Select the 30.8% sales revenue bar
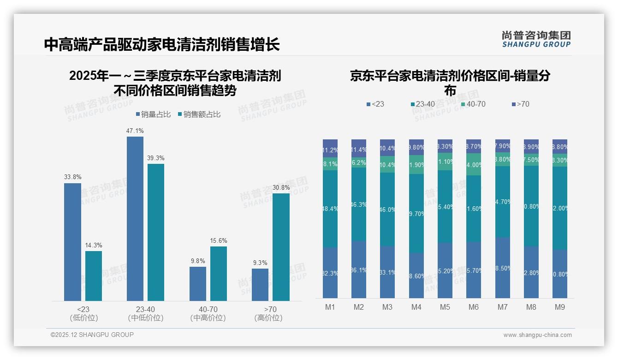coord(281,247)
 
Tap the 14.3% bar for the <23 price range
coord(94,276)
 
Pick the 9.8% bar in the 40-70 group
coord(198,283)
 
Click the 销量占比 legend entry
coord(154,114)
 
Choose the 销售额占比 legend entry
coord(199,114)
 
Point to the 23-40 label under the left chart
coord(145,309)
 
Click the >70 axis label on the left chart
coord(270,309)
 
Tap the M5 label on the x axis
coord(445,307)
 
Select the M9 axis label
coord(560,307)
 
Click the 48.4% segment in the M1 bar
coord(330,209)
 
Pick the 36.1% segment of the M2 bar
coord(359,270)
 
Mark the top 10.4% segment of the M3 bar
coord(387,148)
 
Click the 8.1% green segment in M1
coord(330,164)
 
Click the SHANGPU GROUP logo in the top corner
coord(536,39)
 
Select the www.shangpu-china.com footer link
coord(537,335)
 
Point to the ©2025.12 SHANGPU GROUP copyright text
coord(92,335)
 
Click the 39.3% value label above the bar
coord(156,158)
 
